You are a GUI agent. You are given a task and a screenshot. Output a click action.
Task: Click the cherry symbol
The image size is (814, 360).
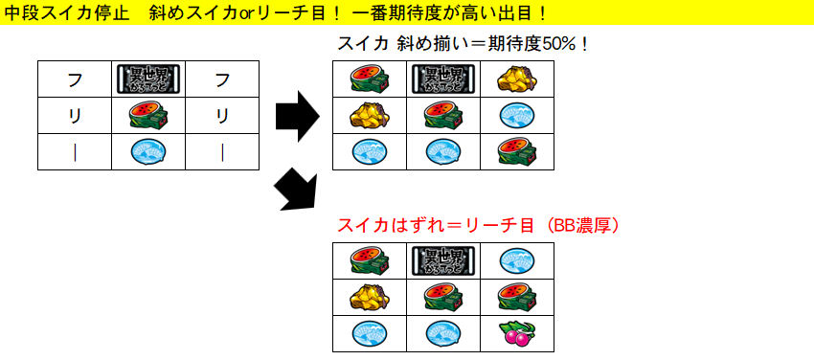(x=517, y=334)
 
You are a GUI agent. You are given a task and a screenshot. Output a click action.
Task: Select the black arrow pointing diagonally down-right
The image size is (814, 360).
(x=295, y=189)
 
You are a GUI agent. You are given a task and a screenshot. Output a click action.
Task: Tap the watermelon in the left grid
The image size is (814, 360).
(x=148, y=116)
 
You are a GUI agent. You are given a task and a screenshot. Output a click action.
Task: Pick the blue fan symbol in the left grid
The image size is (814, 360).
(x=148, y=152)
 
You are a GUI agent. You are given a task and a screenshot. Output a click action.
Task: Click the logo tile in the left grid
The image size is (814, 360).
(x=148, y=79)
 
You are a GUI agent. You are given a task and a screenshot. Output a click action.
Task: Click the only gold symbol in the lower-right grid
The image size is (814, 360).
(x=368, y=297)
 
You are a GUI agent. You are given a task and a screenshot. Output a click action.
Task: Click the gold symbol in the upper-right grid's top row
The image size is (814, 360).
(x=517, y=79)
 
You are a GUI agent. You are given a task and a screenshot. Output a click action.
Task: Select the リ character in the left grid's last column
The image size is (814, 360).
(x=222, y=116)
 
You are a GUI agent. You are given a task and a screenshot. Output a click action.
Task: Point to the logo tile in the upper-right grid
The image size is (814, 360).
(x=442, y=79)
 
